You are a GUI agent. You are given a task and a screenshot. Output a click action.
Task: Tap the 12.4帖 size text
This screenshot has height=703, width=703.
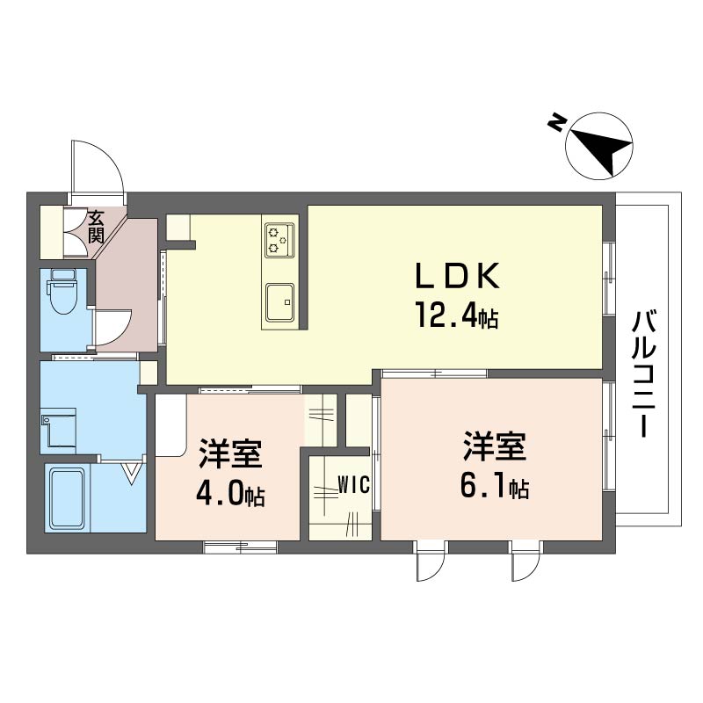[x=457, y=315]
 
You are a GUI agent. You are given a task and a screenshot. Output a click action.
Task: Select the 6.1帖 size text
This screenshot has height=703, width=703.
[x=495, y=486]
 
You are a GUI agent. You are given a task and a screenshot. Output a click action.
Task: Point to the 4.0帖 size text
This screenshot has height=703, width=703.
[x=230, y=494]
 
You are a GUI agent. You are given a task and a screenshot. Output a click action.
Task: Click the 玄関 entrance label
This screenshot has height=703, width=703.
[x=97, y=226]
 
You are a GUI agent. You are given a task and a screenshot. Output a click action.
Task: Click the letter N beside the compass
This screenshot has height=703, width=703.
[x=556, y=124]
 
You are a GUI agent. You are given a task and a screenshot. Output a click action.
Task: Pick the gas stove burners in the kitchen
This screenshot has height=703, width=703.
[x=280, y=238]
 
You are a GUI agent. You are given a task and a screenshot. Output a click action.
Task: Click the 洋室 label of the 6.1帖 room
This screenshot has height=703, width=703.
[x=495, y=446]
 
